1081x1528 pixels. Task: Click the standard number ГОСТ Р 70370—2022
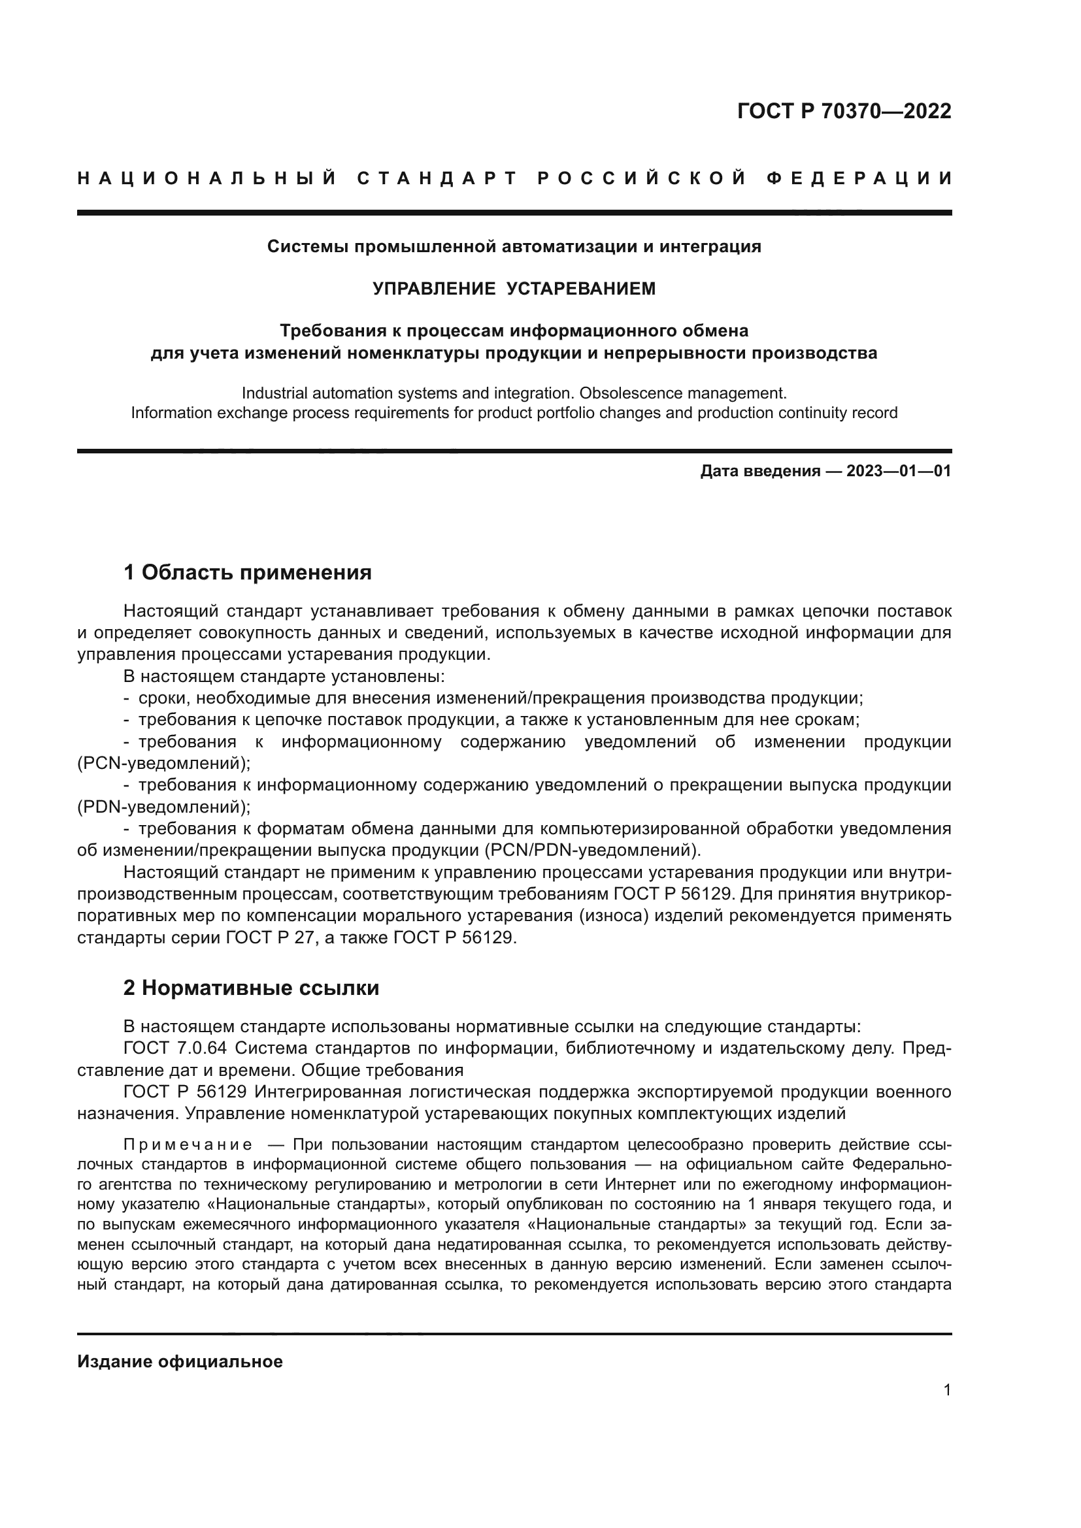pos(844,111)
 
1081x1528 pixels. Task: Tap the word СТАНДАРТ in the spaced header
pos(437,178)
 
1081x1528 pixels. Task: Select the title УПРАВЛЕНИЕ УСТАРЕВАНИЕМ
pos(514,288)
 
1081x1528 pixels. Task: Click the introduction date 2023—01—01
pos(899,472)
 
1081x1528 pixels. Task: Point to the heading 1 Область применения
pos(248,572)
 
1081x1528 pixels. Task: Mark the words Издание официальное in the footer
pos(180,1361)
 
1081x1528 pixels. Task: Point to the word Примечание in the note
pos(188,1145)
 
